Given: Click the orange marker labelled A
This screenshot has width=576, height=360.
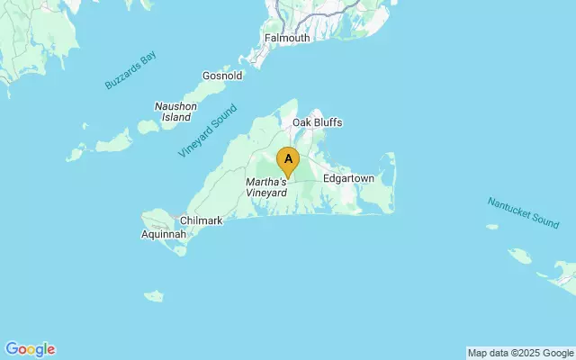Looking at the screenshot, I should tap(288, 161).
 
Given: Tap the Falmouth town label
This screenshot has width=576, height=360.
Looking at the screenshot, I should tap(287, 38).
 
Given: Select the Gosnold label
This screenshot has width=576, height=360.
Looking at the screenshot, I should tap(223, 76).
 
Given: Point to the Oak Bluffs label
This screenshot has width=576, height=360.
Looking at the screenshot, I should tap(317, 122).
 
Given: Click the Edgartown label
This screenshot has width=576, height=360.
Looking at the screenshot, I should tap(348, 178).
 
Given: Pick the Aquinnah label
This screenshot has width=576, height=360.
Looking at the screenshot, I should tap(164, 235).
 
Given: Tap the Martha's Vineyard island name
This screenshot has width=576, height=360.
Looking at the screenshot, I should tap(266, 187).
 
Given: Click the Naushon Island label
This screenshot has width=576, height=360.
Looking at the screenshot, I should tap(175, 112).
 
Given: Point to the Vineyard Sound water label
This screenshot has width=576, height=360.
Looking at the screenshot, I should tap(208, 131).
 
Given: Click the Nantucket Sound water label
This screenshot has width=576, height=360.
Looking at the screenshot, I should tap(523, 211).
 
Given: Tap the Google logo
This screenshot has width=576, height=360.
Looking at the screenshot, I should tap(30, 349).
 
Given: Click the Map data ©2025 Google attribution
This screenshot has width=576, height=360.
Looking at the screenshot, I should tap(520, 353).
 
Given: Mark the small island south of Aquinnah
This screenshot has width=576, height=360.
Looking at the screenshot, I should tap(154, 295).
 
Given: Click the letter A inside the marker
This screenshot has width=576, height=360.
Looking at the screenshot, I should tap(288, 158).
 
